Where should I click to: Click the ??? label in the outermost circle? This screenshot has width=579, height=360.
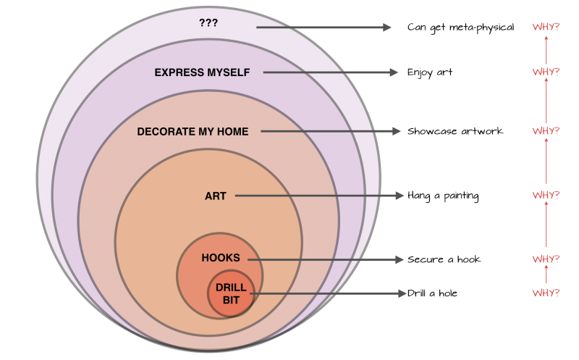(x=208, y=22)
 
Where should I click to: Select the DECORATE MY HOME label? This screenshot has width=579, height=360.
(x=193, y=132)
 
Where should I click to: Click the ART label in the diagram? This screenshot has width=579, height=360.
(x=216, y=196)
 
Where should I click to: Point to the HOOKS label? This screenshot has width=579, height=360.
(x=221, y=258)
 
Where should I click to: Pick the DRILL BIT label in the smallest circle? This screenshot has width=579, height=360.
(x=231, y=293)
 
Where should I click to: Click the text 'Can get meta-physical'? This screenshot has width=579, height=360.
(x=460, y=28)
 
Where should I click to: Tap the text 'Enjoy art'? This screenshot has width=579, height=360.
(x=430, y=72)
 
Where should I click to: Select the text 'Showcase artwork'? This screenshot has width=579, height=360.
(x=455, y=131)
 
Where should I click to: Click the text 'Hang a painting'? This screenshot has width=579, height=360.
(x=443, y=196)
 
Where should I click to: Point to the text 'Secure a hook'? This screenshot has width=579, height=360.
(x=444, y=259)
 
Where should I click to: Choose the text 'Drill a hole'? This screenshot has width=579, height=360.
(x=432, y=293)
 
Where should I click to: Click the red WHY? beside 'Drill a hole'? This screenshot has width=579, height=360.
(x=546, y=293)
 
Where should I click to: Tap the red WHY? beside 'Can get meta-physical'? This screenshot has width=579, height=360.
(x=546, y=28)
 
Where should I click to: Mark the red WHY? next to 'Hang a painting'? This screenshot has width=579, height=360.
(x=546, y=196)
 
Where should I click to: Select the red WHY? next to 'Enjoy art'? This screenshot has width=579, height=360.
(x=546, y=72)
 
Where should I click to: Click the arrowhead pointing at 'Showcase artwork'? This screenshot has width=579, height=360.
(x=395, y=131)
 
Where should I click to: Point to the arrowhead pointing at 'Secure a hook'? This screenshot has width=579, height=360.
(x=397, y=259)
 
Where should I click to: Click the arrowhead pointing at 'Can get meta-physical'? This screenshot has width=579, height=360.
(x=386, y=28)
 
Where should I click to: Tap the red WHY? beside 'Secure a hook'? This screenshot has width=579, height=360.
(x=546, y=259)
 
